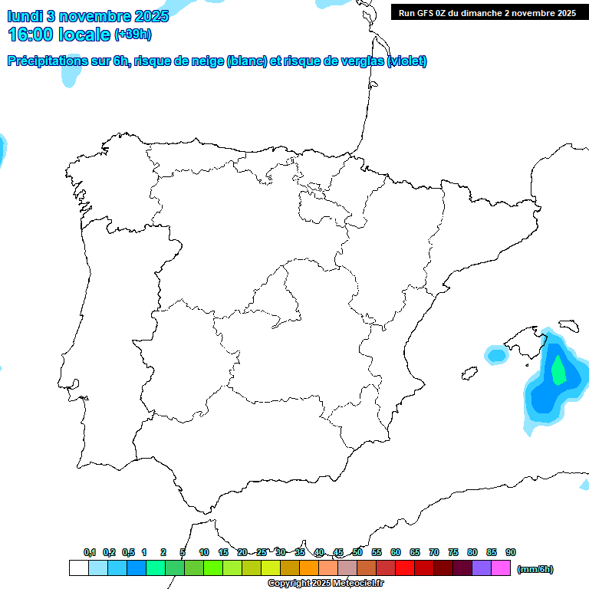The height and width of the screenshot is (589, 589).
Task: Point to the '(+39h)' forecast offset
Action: pos(133,34)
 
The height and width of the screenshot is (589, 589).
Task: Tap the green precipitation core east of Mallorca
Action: pos(559,371)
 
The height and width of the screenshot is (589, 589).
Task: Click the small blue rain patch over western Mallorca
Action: pos(497,354)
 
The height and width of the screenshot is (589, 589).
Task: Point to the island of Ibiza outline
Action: pos(468,374)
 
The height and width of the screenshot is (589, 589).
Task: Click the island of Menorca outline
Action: pos(568,325)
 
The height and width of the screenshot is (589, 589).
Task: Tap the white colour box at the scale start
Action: pos(78,568)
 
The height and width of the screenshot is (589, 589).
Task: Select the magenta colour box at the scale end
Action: pos(501,568)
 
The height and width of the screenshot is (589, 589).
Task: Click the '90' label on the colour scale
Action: pos(511,552)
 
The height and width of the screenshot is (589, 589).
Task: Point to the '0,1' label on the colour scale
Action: pos(90,552)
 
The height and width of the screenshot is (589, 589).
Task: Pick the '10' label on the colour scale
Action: pos(204,552)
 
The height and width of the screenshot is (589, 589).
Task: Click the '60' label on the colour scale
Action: pos(396,552)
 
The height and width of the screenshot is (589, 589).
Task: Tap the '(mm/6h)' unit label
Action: pos(535,569)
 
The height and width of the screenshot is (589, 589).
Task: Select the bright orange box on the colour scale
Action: pos(309,568)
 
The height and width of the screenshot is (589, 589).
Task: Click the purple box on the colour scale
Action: pos(482,568)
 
